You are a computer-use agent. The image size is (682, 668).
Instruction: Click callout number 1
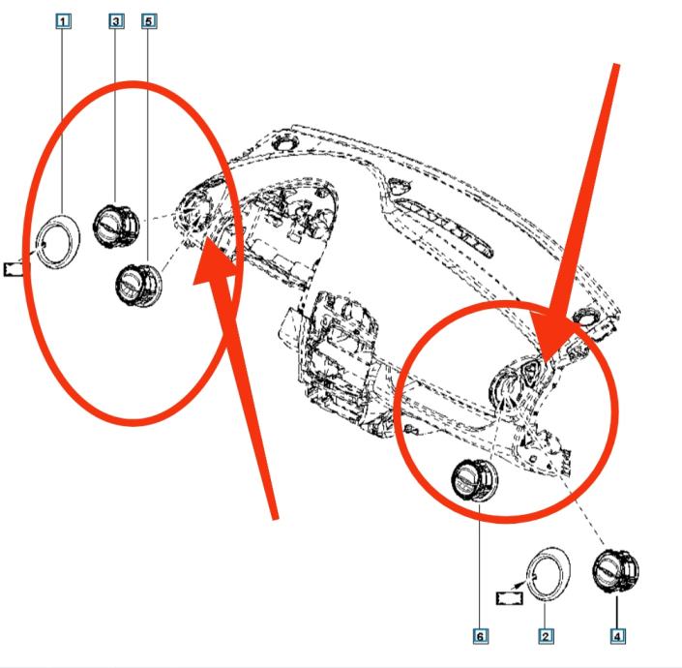64,20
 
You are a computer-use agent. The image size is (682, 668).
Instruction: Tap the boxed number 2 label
546,635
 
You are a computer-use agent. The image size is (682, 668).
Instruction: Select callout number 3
117,20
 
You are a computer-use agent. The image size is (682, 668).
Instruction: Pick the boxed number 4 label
616,635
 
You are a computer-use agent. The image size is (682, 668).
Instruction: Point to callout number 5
148,20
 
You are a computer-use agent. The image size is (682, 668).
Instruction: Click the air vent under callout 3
116,225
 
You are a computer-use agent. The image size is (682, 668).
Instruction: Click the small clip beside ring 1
14,267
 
